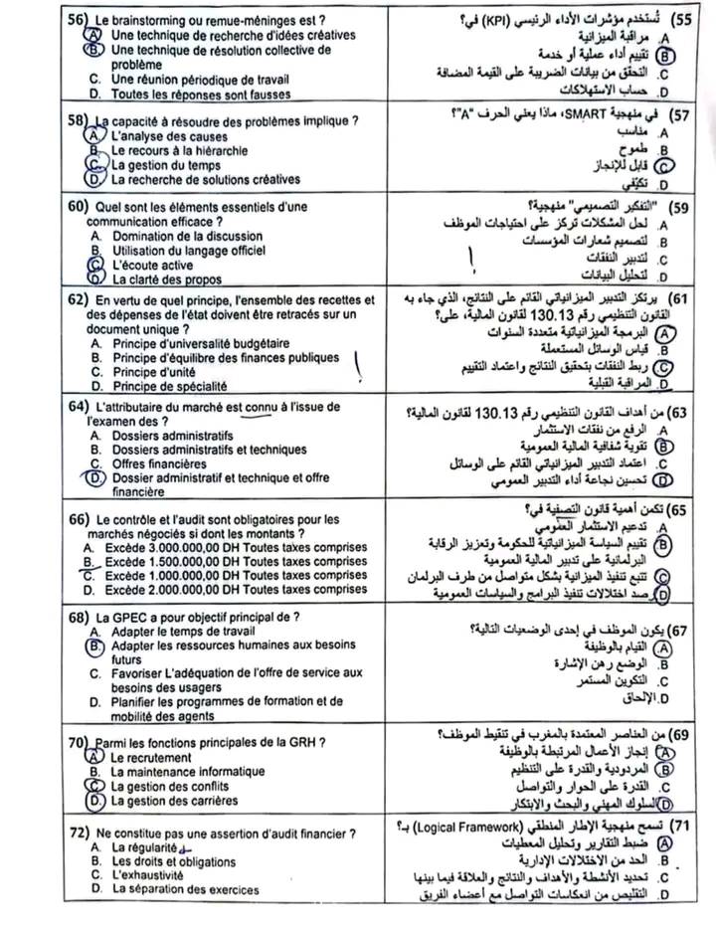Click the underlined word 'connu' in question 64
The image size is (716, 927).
point(259,406)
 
